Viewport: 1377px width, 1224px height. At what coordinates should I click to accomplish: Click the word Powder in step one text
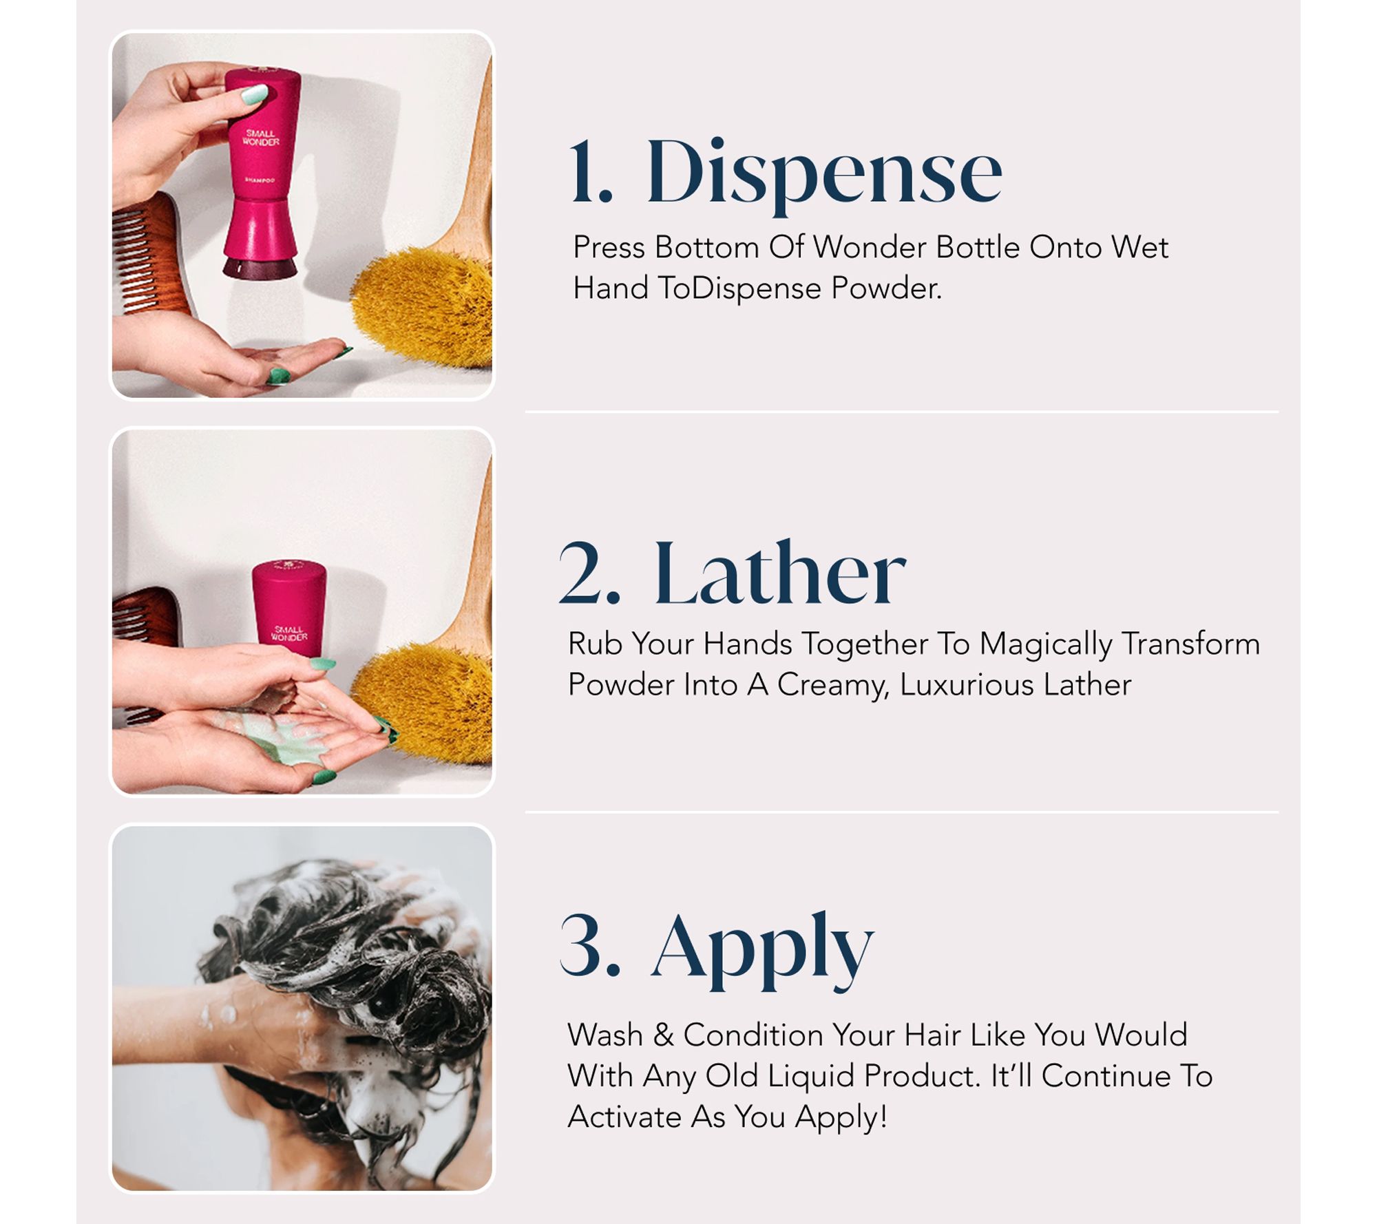[x=885, y=288]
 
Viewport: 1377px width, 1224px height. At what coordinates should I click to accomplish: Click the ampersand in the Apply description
[x=664, y=1035]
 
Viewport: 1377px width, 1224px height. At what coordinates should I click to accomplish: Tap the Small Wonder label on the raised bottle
[x=261, y=137]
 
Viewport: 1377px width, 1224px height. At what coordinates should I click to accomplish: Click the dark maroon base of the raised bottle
[x=260, y=267]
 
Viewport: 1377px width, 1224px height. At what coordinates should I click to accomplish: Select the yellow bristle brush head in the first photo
[x=423, y=306]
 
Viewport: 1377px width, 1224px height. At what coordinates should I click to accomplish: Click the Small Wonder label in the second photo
[x=289, y=633]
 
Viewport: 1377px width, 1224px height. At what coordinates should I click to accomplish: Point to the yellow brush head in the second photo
[x=423, y=695]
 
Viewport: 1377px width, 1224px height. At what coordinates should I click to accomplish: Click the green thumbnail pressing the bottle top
[x=255, y=94]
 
